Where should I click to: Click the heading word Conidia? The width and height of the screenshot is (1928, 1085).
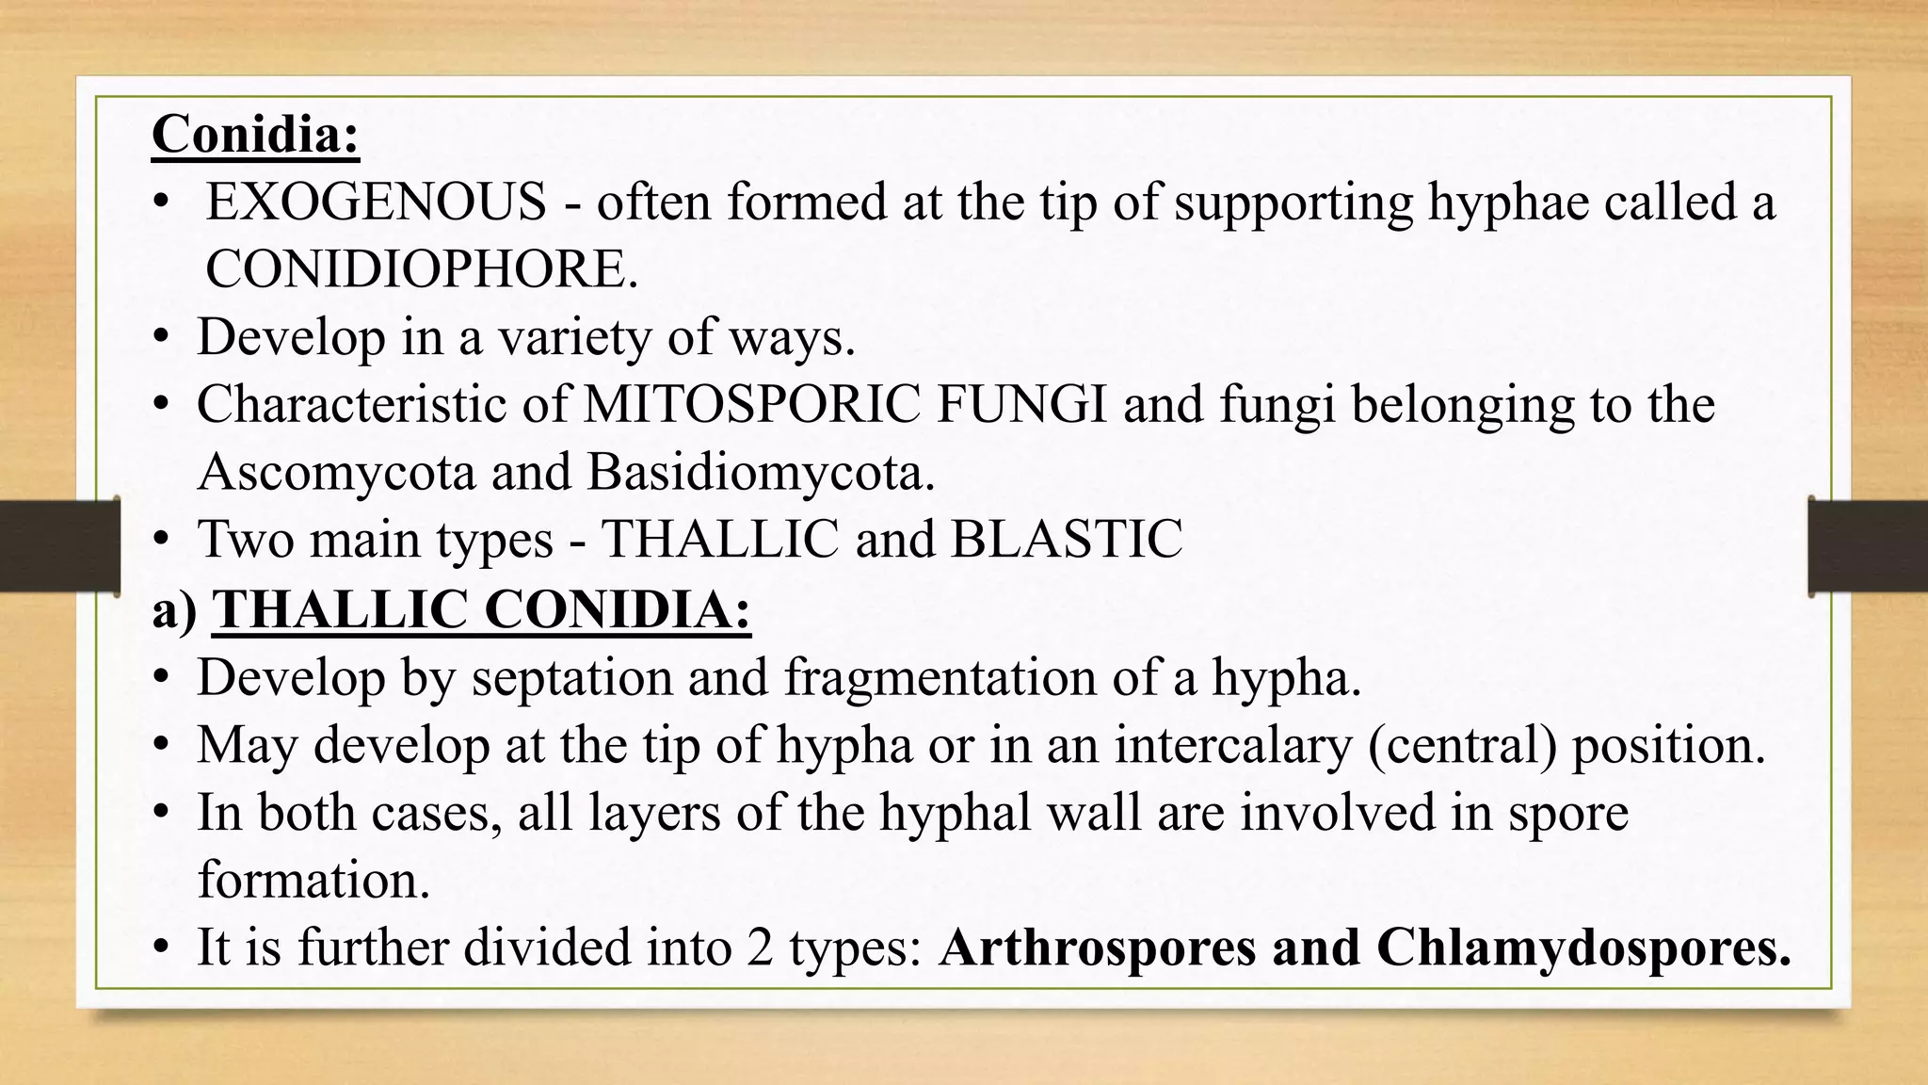[x=254, y=134]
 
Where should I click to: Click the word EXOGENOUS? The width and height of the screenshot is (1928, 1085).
[x=376, y=202]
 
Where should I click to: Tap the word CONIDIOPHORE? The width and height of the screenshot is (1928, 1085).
[x=421, y=269]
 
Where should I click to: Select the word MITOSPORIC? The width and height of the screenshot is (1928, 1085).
[x=751, y=404]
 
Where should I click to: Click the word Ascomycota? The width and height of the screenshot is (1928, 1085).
[x=336, y=472]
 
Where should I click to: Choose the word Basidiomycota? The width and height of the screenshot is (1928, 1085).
[x=760, y=472]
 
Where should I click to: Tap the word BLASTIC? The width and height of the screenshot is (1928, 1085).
[x=1066, y=540]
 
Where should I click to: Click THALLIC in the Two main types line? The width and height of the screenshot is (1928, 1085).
[x=719, y=540]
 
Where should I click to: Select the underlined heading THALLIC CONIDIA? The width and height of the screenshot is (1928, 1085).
[x=481, y=609]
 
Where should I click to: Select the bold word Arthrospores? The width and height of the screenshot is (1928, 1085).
[x=1097, y=947]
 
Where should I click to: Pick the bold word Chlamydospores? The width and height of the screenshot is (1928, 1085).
[x=1583, y=947]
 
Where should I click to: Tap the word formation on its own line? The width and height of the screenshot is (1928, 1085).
[x=313, y=880]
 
